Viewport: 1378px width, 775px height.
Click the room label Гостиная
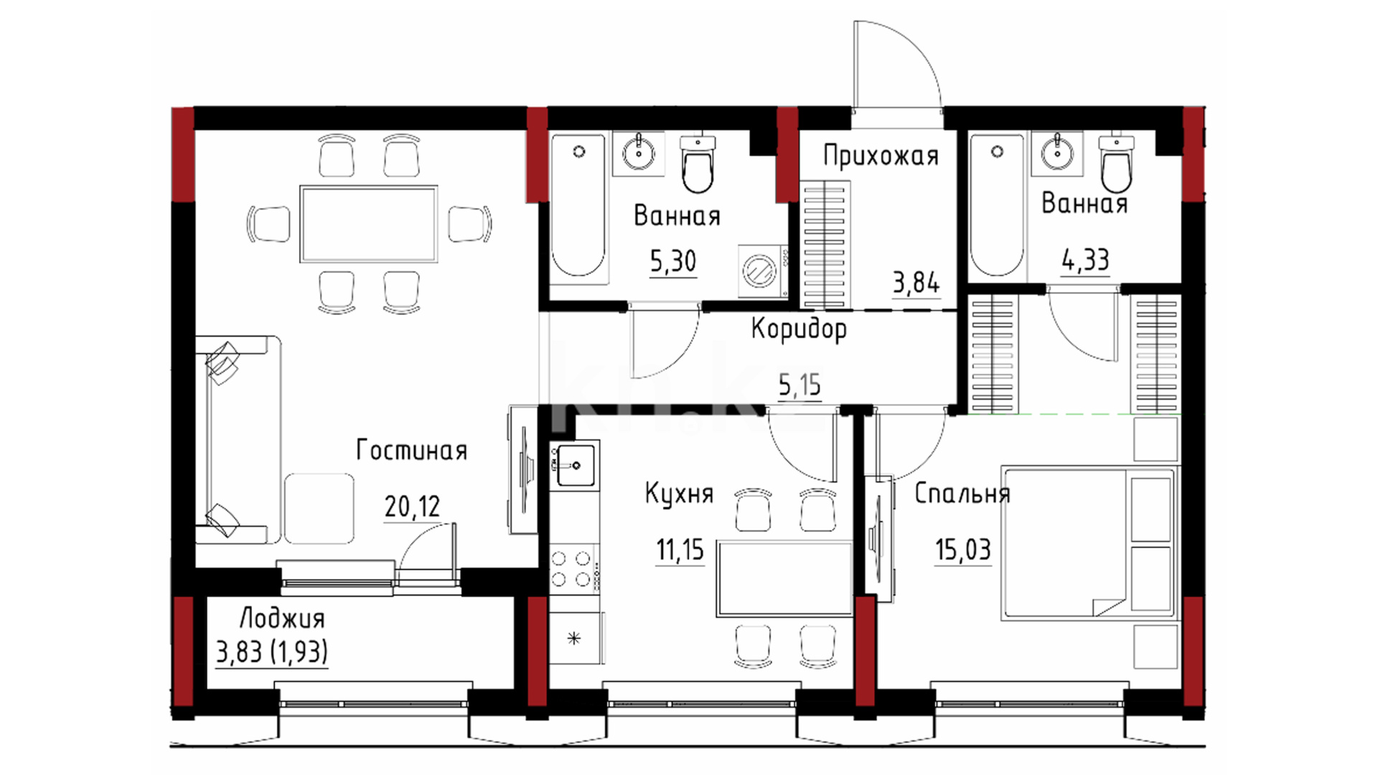412,451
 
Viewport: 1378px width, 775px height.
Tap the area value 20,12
412,507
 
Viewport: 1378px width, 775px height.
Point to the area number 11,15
680,550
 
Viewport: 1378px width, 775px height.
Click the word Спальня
962,494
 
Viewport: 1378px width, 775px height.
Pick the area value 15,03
962,550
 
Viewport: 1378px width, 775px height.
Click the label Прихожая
881,156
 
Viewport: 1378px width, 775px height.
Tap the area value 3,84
916,283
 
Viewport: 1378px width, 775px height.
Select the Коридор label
799,329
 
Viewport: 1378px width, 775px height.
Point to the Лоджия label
282,619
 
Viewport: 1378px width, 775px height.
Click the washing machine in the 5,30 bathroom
763,271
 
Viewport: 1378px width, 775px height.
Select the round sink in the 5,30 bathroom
638,153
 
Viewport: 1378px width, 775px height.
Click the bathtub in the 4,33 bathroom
997,205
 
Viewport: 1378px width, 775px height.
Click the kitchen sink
576,465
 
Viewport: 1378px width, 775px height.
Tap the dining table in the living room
369,224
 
